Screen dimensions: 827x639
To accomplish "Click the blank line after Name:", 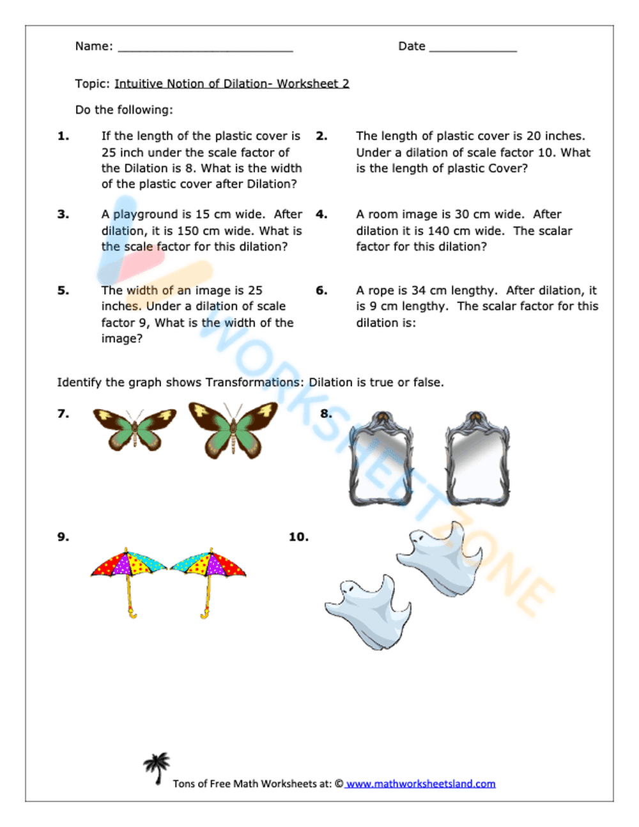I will (x=205, y=49).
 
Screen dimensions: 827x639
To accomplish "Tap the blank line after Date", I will (x=473, y=49).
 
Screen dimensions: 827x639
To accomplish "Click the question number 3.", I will (x=63, y=214).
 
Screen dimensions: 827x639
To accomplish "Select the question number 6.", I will (x=321, y=290).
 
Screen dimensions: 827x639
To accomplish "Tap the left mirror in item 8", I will (x=380, y=459).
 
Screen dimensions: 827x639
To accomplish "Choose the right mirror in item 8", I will (x=477, y=459).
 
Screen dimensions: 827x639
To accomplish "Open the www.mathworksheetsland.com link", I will (x=420, y=784).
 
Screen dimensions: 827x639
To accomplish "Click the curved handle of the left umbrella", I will (x=132, y=614).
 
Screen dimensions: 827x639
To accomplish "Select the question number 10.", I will (x=298, y=537).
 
